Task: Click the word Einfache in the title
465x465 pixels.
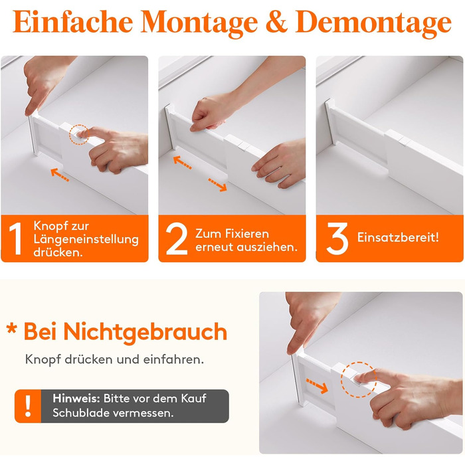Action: (73, 22)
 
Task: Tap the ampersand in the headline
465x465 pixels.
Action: (276, 22)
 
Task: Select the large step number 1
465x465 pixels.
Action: (16, 238)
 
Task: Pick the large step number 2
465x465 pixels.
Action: (177, 238)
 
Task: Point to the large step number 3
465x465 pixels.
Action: (337, 238)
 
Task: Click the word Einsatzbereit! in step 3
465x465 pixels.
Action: (398, 237)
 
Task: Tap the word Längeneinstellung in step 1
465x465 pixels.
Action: (86, 239)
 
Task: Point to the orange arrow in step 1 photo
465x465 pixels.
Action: (60, 174)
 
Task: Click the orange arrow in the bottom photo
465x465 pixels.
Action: (317, 385)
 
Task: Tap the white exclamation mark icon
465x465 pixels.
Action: (28, 406)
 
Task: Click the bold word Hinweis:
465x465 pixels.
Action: (76, 399)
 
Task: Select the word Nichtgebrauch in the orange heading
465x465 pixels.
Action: (145, 332)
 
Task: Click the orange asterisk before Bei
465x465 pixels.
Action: (11, 329)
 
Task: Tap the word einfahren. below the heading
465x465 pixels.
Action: (173, 359)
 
